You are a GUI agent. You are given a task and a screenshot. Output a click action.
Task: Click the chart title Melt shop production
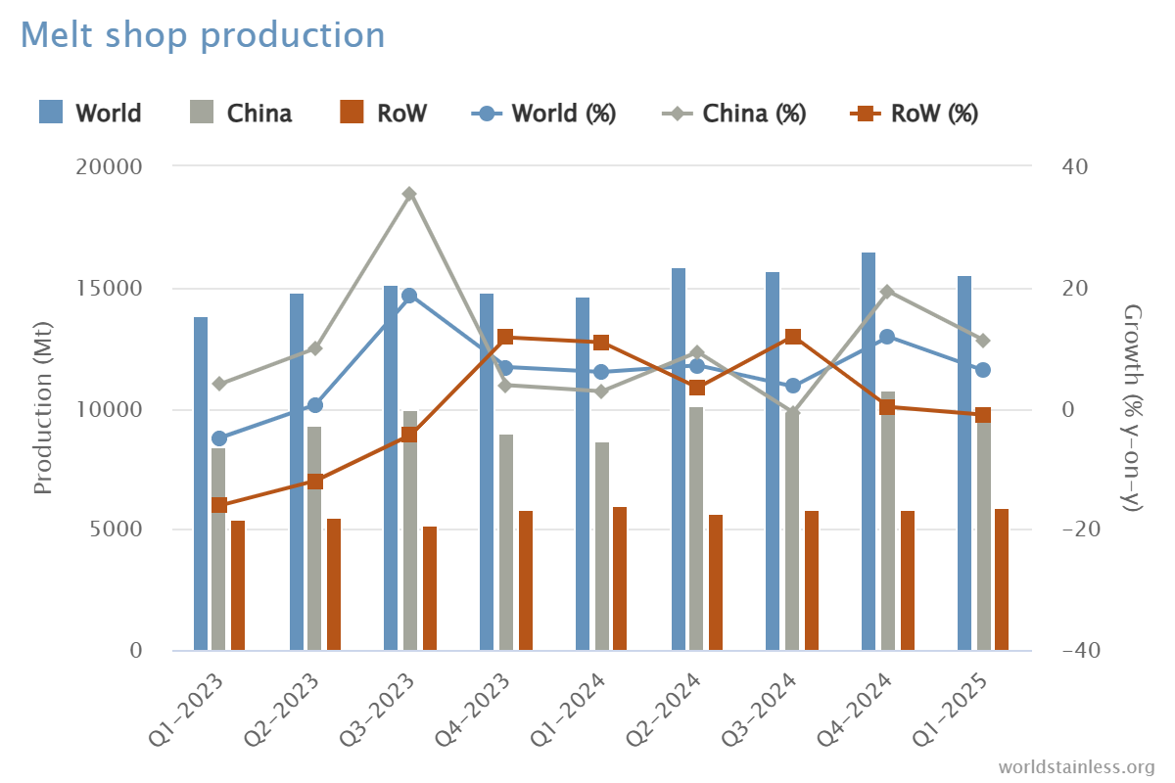point(203,35)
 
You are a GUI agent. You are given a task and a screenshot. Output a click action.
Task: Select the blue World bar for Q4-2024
point(869,450)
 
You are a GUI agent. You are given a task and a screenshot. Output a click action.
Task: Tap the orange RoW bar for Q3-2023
point(430,587)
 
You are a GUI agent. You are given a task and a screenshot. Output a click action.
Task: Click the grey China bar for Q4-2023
point(506,543)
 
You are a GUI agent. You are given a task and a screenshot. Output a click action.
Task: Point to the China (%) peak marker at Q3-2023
point(410,194)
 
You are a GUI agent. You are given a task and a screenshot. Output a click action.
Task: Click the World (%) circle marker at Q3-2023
point(410,296)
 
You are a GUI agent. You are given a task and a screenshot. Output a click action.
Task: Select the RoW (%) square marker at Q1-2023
point(219,505)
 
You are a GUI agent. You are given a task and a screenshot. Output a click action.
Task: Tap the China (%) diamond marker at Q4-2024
point(888,292)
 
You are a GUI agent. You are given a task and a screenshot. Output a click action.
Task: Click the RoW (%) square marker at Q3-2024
point(793,337)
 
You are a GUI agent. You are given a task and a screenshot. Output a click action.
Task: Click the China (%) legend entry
point(733,114)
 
